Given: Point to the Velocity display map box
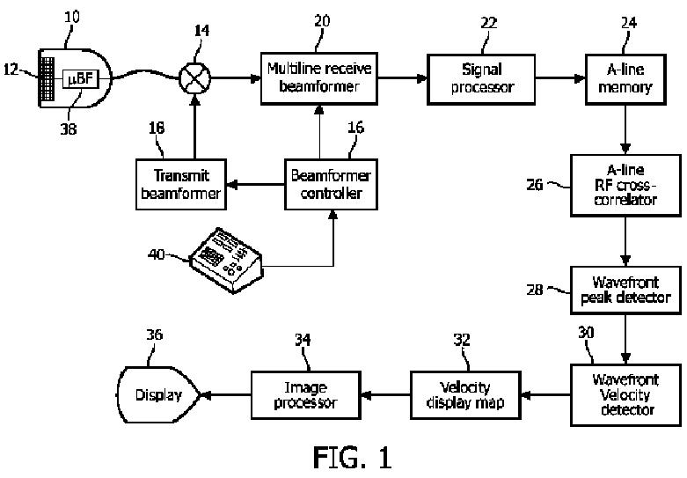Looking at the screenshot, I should [464, 395].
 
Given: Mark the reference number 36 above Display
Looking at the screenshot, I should [155, 334].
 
